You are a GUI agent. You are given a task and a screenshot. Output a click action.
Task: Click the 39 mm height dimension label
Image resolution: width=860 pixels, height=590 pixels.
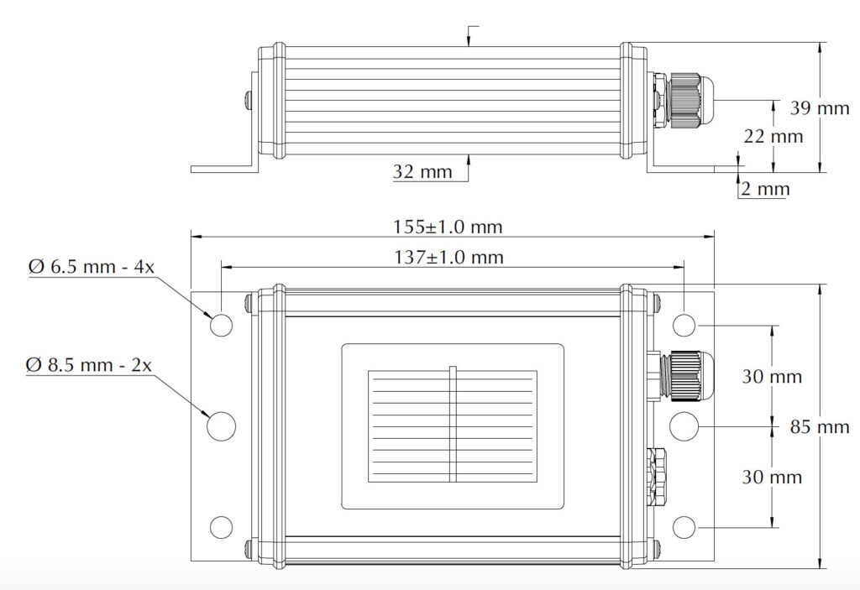[820, 107]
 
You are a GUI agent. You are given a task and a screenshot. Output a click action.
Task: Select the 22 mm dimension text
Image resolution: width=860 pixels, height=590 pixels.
[773, 136]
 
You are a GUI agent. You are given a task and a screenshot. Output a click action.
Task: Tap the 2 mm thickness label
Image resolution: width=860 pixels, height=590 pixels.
[764, 190]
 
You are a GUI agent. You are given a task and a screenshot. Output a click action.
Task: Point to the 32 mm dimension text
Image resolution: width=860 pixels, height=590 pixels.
[422, 173]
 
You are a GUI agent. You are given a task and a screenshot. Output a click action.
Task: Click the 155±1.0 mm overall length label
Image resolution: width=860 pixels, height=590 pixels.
[448, 227]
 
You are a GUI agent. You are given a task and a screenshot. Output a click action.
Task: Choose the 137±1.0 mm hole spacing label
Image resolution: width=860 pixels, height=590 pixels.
[448, 258]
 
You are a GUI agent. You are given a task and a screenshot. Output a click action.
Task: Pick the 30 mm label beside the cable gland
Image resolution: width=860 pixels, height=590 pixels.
[772, 376]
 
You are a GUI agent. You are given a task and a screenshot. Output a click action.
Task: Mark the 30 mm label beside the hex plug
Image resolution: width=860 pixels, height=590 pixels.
[772, 477]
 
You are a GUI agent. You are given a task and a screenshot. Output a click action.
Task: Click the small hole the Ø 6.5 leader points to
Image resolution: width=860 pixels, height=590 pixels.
[221, 326]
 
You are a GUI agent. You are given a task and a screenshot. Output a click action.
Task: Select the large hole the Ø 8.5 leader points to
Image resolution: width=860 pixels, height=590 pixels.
[221, 426]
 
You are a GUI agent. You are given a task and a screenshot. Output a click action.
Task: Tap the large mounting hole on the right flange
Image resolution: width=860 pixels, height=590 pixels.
[684, 426]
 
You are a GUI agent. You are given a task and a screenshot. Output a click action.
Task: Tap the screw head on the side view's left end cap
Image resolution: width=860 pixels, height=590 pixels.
[246, 101]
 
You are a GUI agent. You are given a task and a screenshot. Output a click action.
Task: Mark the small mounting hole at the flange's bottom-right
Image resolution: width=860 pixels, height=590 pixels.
[684, 527]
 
